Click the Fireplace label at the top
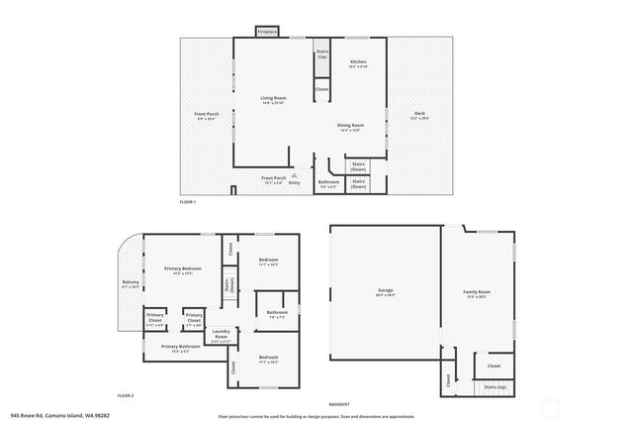pos(267,33)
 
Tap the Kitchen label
pos(358,61)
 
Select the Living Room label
pos(273,97)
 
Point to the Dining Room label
pos(351,125)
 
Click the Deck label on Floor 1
pos(419,114)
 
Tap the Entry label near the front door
pos(294,182)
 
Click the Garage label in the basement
pos(385,292)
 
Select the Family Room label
pos(478,292)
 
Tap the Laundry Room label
pos(221,334)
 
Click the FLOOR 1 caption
pos(188,202)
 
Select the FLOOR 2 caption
pos(125,395)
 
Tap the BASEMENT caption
pos(339,405)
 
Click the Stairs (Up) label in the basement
pos(495,386)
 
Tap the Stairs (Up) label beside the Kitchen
pos(322,53)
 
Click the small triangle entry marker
pos(293,174)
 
